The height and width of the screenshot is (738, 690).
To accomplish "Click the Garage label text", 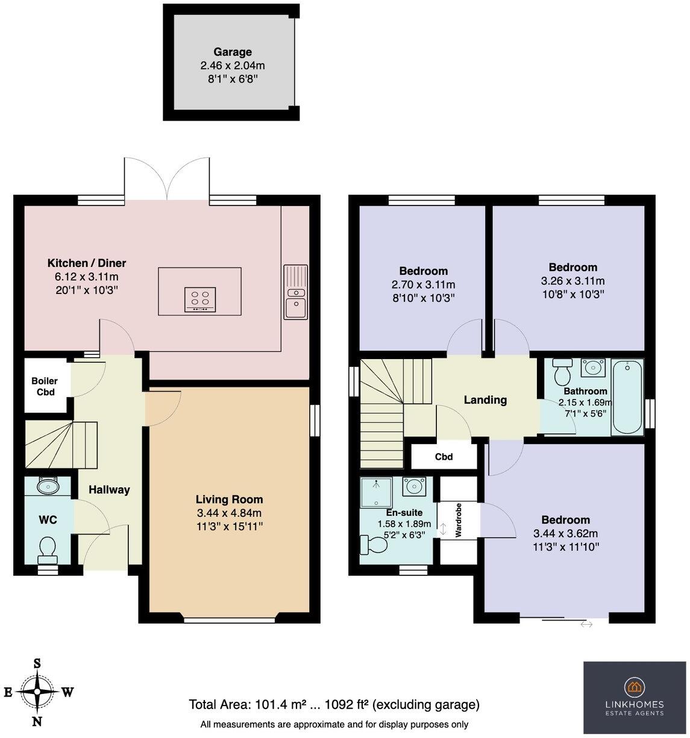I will pos(232,52).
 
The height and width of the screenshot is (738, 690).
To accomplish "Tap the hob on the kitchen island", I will pos(200,299).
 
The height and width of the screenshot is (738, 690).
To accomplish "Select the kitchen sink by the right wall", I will pos(295,292).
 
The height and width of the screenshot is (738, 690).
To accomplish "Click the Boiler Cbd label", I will pos(45,386).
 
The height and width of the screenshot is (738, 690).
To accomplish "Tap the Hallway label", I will pos(109,490).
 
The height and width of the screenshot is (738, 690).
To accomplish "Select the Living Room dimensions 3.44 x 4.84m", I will pos(229,513).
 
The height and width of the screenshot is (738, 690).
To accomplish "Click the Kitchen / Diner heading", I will pos(87,263).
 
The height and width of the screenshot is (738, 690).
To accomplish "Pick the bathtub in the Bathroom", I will pos(627,397).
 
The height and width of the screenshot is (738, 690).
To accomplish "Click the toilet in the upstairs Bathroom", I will pos(563,372).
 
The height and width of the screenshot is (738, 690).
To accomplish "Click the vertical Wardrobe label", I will pos(459,520).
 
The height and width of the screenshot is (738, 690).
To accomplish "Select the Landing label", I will pos(485,399).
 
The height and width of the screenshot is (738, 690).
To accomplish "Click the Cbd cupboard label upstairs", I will pos(444,457).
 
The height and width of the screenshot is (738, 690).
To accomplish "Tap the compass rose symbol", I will pos(37,692).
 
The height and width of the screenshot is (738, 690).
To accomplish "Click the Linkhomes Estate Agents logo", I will pos(635,697).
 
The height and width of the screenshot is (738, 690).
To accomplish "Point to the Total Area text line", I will pos(334,704).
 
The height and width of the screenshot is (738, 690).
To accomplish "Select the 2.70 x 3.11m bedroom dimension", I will pos(423,284).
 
